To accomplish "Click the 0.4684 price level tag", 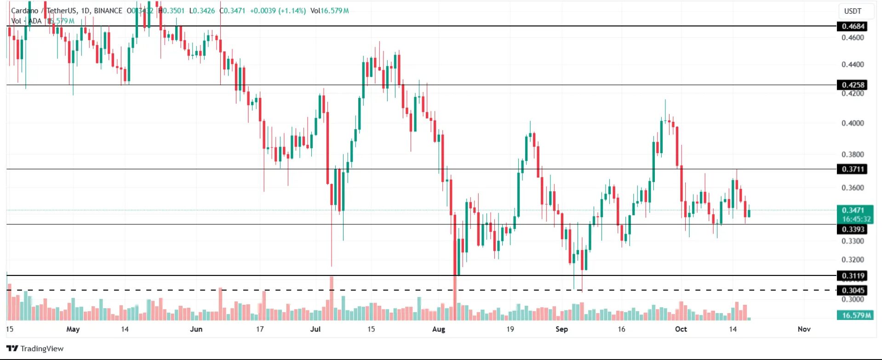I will tap(853, 26).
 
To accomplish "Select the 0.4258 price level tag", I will tap(853, 85).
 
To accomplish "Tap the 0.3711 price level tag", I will tap(853, 169).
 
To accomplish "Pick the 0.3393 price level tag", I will tap(853, 229).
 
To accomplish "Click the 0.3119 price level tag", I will tap(853, 276).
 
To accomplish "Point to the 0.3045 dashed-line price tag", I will tap(853, 290).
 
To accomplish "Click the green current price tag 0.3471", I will tap(854, 210).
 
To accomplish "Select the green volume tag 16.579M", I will tap(854, 315).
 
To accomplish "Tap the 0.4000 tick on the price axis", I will tap(853, 123).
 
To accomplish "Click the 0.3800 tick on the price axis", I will tap(853, 154).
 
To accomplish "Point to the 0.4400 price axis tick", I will tap(853, 64).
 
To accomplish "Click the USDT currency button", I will tap(853, 11).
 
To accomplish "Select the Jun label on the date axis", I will tap(196, 329).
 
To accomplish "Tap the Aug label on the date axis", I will tap(439, 329).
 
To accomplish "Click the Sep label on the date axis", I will tap(561, 329).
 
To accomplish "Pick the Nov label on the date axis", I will tap(804, 329).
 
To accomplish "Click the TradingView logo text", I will tap(41, 349).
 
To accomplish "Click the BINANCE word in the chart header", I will tap(108, 11).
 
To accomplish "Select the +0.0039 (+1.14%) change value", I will tap(278, 11).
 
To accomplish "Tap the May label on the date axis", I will tap(73, 329).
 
